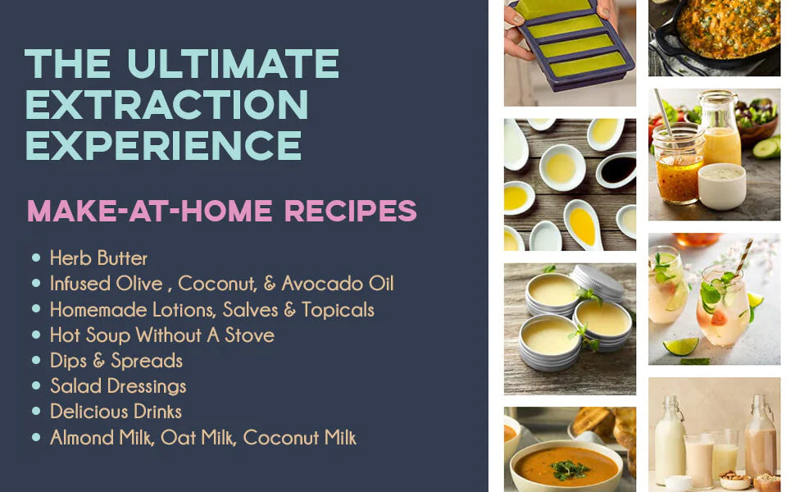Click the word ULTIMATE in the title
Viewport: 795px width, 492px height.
pos(233,63)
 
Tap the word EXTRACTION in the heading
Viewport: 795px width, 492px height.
pos(167,104)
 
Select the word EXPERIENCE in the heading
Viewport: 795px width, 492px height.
pos(163,146)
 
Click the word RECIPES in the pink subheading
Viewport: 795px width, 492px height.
pos(350,211)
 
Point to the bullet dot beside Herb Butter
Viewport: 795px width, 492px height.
pos(36,257)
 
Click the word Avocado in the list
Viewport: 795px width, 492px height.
pos(322,284)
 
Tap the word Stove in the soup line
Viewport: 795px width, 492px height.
pos(249,335)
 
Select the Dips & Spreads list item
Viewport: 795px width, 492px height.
pos(116,361)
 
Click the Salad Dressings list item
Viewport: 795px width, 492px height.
pos(118,386)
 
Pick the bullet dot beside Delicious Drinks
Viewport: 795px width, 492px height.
pos(36,411)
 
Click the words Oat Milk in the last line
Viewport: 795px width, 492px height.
pos(198,438)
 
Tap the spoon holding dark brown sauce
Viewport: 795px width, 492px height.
pos(616,170)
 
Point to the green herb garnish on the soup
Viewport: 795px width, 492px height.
pos(570,469)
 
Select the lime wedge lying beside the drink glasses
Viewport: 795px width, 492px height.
pos(680,346)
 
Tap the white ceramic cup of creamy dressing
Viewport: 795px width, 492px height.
pos(721,186)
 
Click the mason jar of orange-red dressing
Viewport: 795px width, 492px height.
pos(677,164)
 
